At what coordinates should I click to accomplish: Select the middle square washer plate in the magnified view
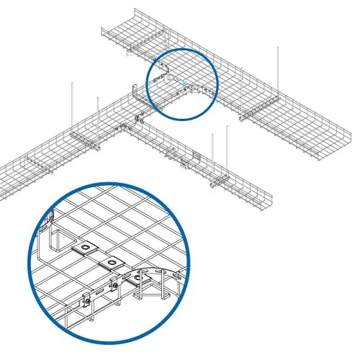(x=112, y=261)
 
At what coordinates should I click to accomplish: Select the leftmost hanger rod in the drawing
(x=72, y=108)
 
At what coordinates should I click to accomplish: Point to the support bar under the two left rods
(x=85, y=138)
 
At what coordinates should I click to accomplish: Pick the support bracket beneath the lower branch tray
(x=223, y=180)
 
